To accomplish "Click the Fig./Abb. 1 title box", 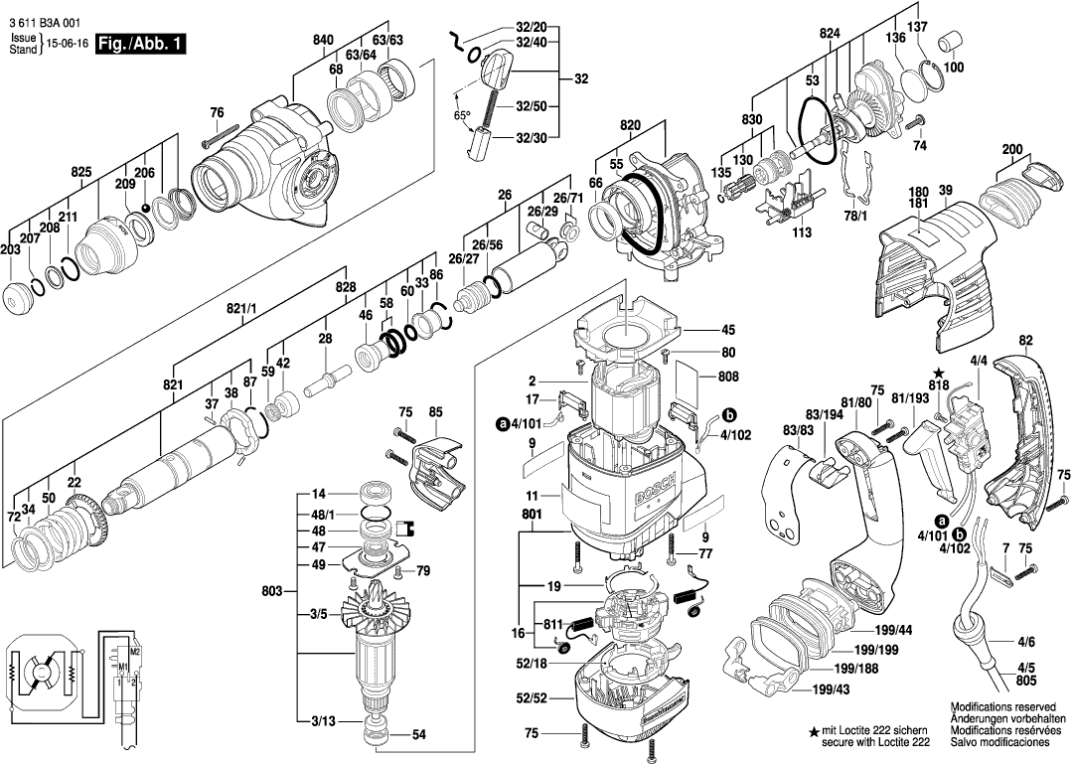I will pyautogui.click(x=140, y=44).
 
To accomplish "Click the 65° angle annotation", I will pyautogui.click(x=462, y=115).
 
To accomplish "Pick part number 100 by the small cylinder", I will pyautogui.click(x=954, y=68).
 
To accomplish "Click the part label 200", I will pyautogui.click(x=1012, y=150).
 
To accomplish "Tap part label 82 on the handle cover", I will pyautogui.click(x=1025, y=340).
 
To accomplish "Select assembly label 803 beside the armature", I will pyautogui.click(x=271, y=591).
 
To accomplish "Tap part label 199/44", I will pyautogui.click(x=895, y=631).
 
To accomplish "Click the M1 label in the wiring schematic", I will pyautogui.click(x=123, y=666).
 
